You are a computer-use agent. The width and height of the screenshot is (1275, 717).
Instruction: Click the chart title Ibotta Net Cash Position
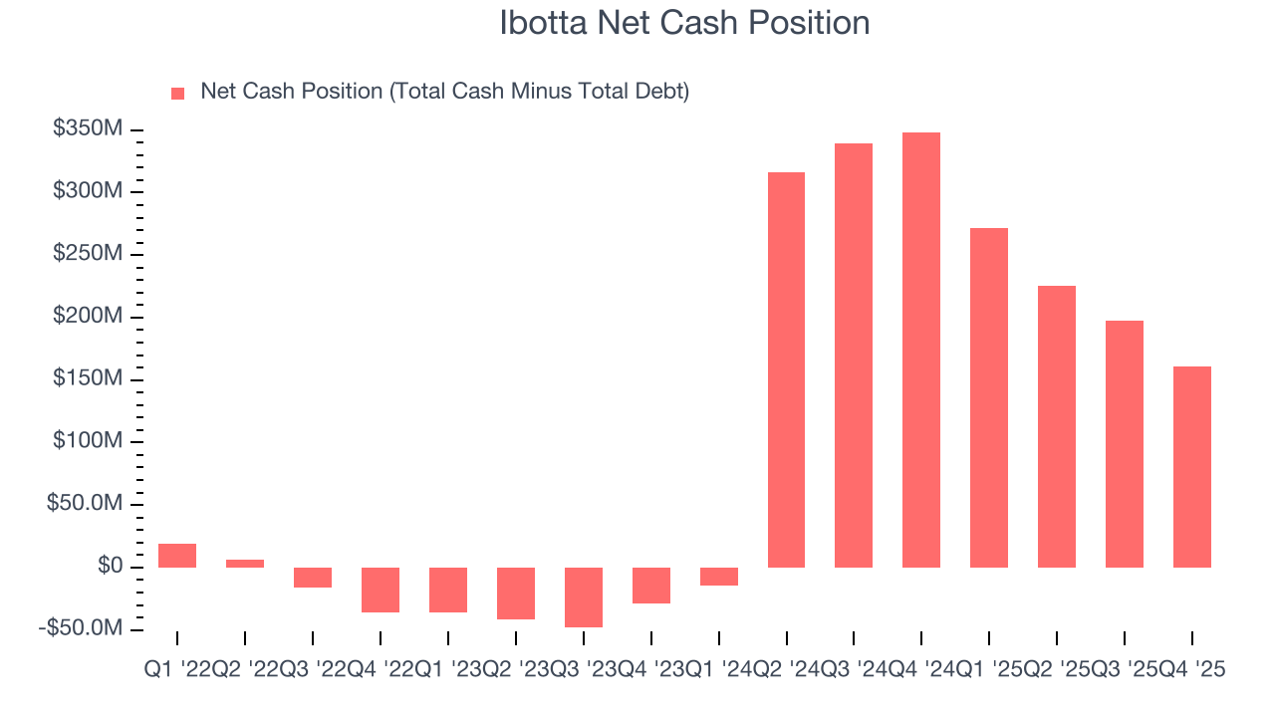pos(684,23)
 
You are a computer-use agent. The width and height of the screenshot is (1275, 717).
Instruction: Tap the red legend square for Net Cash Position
pos(178,93)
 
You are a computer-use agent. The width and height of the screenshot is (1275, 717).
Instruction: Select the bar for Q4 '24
pos(921,350)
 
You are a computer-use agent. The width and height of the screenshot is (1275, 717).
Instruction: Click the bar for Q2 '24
pos(786,369)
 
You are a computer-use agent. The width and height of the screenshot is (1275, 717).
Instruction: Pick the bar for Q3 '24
pos(854,356)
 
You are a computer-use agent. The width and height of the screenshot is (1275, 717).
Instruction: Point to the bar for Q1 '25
pos(989,397)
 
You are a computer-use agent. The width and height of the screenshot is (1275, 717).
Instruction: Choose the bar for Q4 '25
pos(1192,467)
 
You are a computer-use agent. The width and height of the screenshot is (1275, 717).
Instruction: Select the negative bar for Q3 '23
pos(584,597)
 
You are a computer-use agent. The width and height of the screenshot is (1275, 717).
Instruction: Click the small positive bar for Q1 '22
pos(177,556)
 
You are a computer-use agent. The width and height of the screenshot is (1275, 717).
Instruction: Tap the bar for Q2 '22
pos(245,564)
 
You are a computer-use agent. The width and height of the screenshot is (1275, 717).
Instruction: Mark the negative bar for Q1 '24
pos(719,577)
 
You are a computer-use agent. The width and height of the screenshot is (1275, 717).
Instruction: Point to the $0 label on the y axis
pos(110,567)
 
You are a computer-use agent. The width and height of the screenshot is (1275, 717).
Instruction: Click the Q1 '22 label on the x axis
pos(177,671)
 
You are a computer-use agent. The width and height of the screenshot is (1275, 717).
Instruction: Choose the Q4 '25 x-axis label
pos(1191,671)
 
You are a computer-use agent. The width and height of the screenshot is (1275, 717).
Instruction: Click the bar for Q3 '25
pos(1125,444)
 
